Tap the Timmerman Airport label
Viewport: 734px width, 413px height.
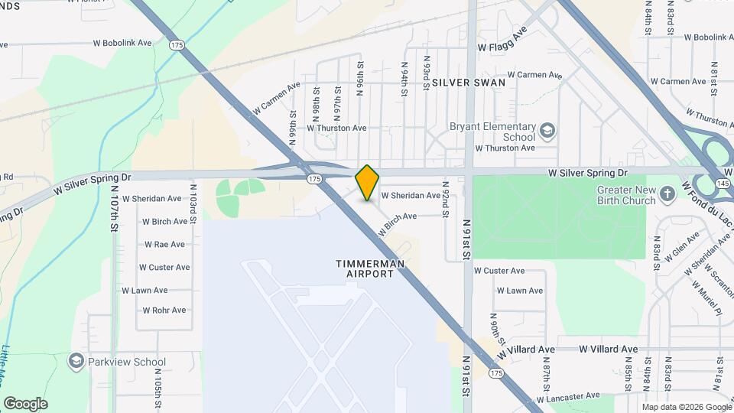(x=369, y=268)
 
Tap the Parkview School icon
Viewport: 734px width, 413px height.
(x=76, y=361)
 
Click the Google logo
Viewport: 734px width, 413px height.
(x=25, y=403)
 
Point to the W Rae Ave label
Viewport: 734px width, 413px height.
(x=164, y=245)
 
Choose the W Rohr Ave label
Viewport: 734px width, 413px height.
(x=164, y=311)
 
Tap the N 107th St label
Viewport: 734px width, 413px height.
(x=113, y=207)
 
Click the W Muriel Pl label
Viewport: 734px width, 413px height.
(x=708, y=298)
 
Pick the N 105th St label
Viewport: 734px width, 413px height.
(x=158, y=390)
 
